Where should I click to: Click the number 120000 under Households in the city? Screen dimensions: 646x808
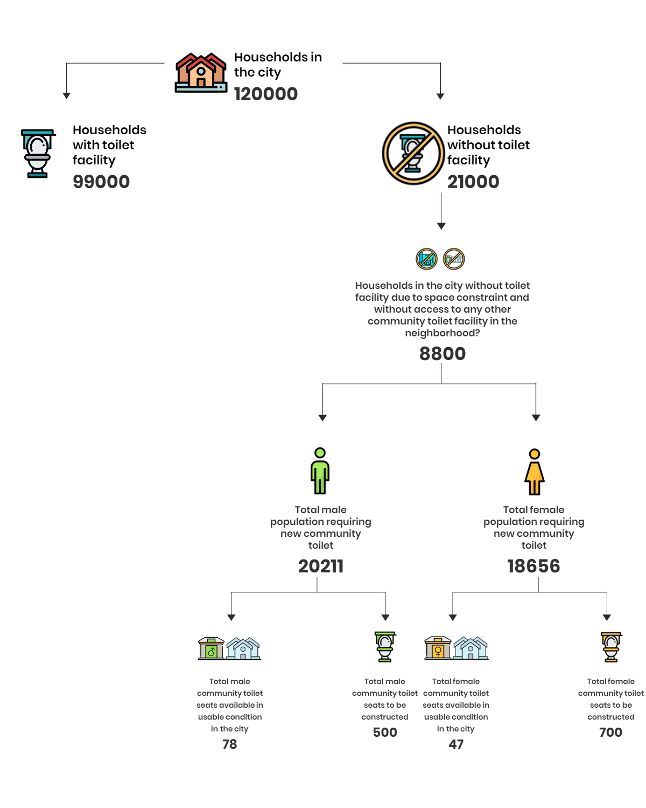pos(265,94)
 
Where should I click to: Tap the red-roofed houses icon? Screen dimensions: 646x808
pos(201,72)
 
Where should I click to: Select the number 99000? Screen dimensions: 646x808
pos(101,182)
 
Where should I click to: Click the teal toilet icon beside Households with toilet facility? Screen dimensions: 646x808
pos(38,153)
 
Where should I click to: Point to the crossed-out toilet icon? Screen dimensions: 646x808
pos(413,153)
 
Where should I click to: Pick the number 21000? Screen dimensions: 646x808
pos(473,182)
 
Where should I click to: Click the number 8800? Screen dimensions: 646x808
pos(443,353)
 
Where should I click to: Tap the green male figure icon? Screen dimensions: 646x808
pos(320,471)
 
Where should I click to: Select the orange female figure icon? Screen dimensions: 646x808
pos(534,472)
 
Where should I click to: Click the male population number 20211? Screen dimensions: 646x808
pos(320,566)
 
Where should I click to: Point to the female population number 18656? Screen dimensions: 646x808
pos(533,566)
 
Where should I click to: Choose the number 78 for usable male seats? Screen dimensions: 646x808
pos(229,744)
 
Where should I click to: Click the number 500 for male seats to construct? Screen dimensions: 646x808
pos(385,732)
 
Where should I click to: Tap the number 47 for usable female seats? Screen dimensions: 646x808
pos(456,744)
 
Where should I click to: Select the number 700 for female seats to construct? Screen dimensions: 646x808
pos(610,732)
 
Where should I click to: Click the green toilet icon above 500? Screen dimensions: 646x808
pos(385,646)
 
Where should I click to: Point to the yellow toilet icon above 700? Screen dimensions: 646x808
pos(611,647)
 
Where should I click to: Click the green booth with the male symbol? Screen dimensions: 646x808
pos(211,648)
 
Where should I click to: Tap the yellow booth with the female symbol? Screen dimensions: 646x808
pos(438,648)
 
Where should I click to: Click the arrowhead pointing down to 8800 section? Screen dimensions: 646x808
pos(441,226)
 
